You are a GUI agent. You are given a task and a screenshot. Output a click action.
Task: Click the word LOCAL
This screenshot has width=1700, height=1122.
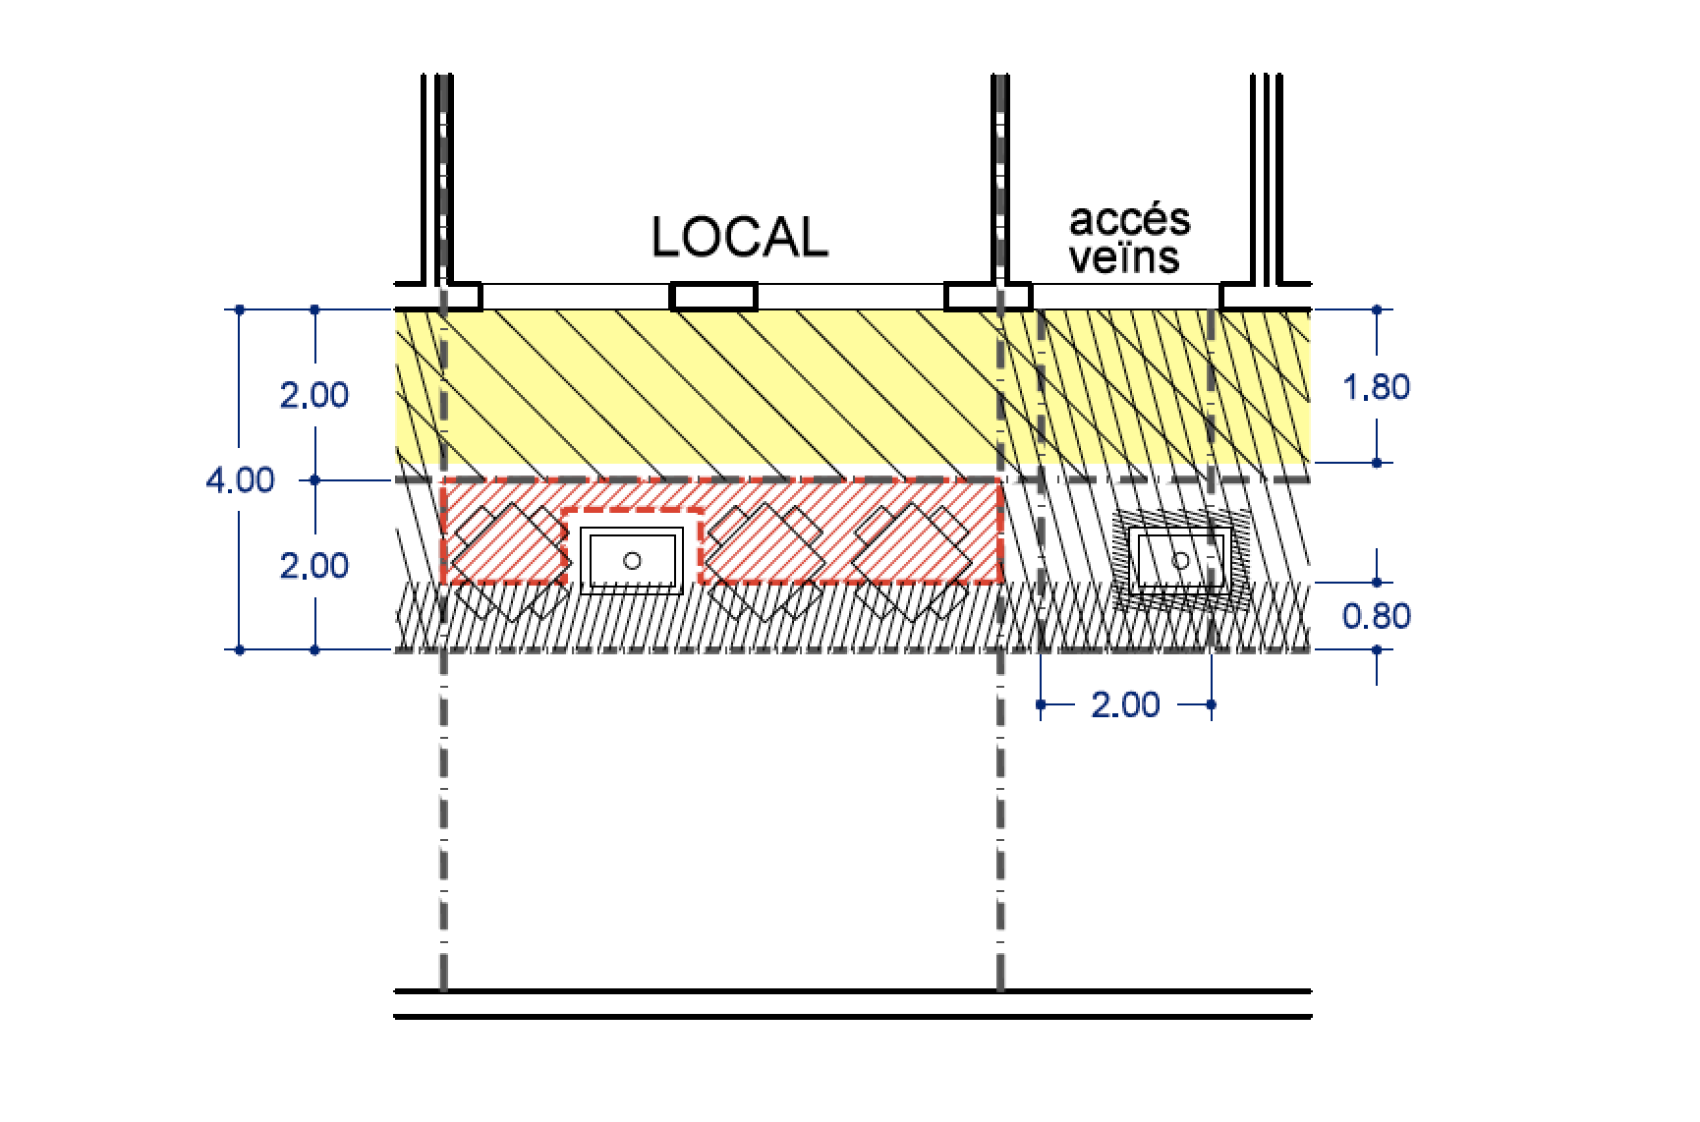point(740,238)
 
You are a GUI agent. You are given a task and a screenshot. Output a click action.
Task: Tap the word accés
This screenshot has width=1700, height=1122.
point(1129,220)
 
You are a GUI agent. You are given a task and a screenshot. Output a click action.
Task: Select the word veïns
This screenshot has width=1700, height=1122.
point(1124,257)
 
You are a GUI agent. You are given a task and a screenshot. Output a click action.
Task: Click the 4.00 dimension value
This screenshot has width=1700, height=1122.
point(240,480)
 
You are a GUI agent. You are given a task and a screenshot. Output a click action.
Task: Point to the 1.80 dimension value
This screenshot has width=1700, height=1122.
point(1376,387)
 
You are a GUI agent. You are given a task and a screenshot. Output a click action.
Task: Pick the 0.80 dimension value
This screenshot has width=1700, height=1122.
point(1376,616)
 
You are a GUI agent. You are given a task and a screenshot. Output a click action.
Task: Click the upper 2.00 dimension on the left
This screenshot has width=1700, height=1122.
point(314,395)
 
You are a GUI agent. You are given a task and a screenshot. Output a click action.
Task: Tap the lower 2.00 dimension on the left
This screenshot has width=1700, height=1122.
point(314,566)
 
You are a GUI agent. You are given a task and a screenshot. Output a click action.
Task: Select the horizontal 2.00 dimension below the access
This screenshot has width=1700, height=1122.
point(1125,704)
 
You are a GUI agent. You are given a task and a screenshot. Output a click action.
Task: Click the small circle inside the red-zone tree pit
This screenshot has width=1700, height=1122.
point(633,560)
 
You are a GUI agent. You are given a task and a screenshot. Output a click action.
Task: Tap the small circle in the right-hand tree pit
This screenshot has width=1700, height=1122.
point(1181,560)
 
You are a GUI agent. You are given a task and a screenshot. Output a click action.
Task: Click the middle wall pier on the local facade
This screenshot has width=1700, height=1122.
point(714,296)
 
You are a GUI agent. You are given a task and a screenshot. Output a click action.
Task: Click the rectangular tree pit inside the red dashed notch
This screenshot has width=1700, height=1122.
point(632,560)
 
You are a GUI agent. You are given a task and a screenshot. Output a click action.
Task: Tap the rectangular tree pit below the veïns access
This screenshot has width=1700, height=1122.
point(1180,560)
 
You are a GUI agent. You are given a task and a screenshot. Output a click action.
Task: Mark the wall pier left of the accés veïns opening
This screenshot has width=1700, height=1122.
point(989,296)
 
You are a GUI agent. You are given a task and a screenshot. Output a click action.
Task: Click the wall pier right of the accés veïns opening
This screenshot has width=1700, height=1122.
point(1266,296)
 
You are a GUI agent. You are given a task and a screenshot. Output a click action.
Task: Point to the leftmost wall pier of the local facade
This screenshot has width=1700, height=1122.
point(439,296)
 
